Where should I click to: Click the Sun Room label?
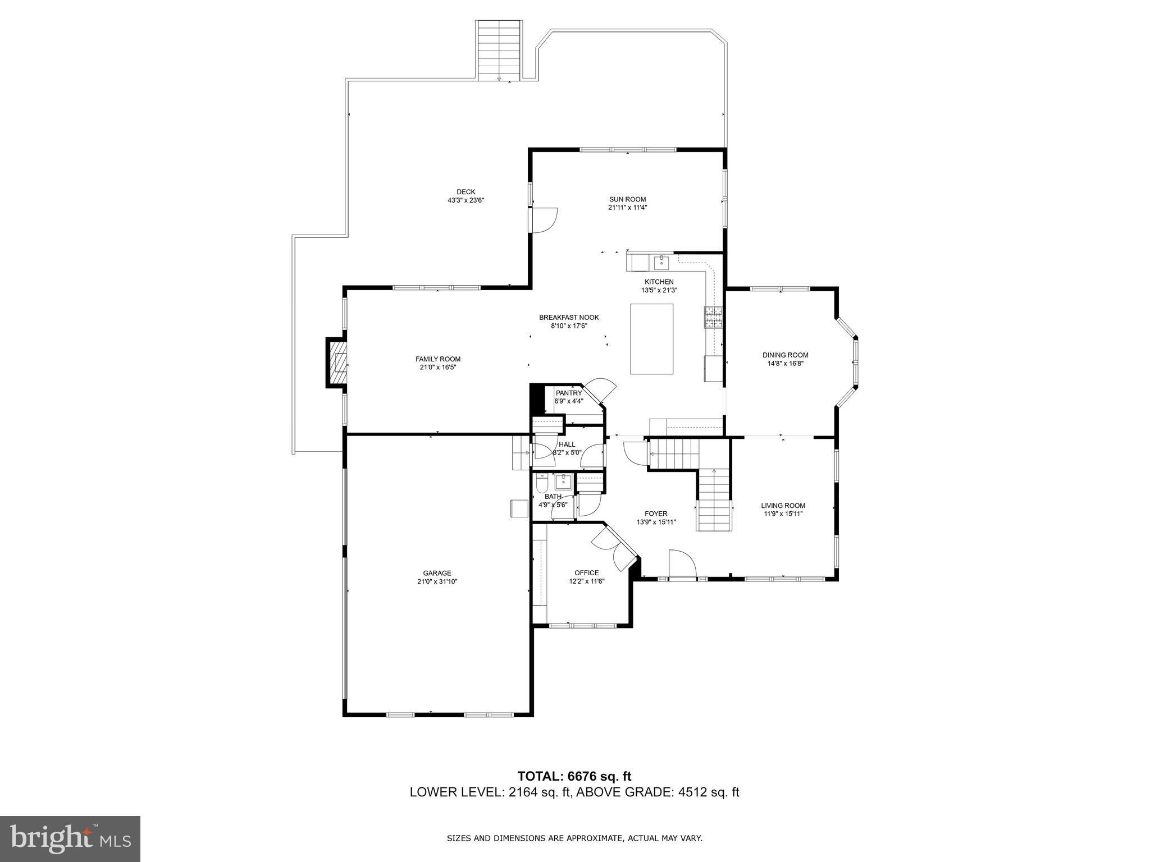[x=627, y=199]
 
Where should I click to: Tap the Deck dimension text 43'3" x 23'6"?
[x=466, y=200]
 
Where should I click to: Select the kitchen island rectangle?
[x=651, y=339]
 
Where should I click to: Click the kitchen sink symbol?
[x=661, y=262]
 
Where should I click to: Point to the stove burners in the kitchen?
[x=714, y=318]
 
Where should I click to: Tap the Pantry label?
[x=569, y=393]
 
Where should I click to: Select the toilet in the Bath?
[x=542, y=482]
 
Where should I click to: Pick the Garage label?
[x=437, y=573]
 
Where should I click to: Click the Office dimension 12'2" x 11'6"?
[x=586, y=581]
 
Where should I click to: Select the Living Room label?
[x=783, y=505]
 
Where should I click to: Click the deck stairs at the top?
[x=499, y=51]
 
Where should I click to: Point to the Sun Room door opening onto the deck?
[x=543, y=220]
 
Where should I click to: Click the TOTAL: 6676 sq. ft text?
[x=574, y=776]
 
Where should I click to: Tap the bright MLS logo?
[x=70, y=839]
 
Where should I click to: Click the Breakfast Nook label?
[x=569, y=317]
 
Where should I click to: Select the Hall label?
[x=567, y=444]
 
